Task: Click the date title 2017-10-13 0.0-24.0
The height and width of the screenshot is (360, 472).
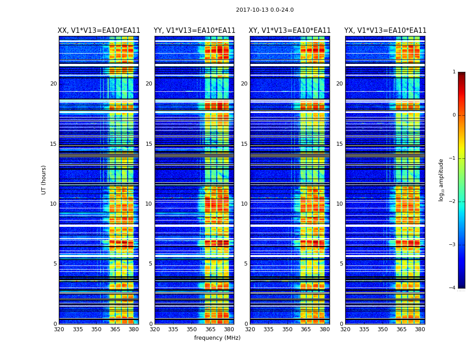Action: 265,10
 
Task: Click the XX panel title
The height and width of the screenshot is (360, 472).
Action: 99,31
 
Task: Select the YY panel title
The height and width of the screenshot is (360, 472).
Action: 194,31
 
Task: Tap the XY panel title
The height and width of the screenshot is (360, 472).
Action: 289,31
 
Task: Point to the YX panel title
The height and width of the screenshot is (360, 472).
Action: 385,31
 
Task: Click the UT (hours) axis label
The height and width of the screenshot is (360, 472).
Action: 44,180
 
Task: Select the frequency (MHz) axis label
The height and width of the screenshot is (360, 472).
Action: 217,338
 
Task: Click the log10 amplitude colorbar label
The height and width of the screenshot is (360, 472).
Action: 441,180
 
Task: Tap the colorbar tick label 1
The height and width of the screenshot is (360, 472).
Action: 454,72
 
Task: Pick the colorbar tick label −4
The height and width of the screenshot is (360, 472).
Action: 453,288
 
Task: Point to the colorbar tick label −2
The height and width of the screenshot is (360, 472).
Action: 453,202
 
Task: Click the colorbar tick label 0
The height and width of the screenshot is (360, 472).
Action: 454,115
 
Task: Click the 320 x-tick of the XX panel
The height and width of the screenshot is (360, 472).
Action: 59,329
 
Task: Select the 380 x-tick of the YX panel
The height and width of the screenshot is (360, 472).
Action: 420,329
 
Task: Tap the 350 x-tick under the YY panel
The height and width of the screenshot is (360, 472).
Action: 192,329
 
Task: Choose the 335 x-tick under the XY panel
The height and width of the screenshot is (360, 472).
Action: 268,329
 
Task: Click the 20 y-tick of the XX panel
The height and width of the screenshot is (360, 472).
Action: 53,84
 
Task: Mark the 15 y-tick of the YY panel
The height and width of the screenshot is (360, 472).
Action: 149,144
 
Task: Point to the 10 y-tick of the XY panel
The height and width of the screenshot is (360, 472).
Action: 244,204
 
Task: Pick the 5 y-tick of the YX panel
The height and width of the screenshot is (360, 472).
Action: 341,264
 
